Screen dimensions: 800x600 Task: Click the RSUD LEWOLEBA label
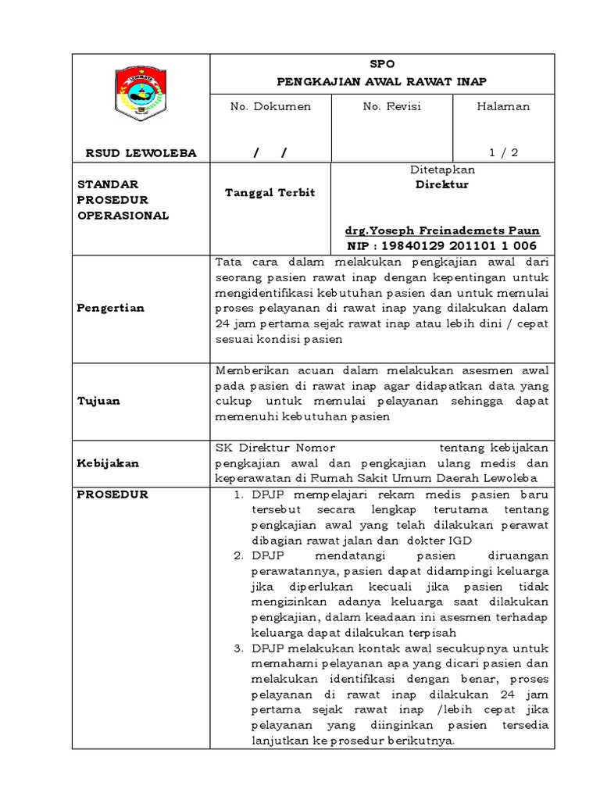[x=141, y=153]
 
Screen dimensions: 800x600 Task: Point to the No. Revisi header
[x=391, y=106]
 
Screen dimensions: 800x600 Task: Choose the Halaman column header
[x=503, y=106]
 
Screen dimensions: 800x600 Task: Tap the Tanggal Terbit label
[x=270, y=192]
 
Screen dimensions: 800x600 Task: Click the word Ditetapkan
[x=442, y=170]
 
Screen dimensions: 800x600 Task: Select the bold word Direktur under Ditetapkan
[x=442, y=185]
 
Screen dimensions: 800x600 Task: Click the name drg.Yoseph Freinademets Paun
[x=442, y=231]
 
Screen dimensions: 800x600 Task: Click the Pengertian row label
[x=110, y=308]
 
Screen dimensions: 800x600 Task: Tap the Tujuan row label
[x=98, y=401]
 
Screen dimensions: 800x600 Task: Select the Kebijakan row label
[x=108, y=462]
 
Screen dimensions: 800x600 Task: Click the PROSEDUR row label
[x=112, y=494]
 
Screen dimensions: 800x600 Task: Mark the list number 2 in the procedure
[x=239, y=555]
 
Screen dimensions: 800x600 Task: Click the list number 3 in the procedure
[x=239, y=648]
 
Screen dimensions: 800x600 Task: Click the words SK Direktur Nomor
[x=274, y=448]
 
